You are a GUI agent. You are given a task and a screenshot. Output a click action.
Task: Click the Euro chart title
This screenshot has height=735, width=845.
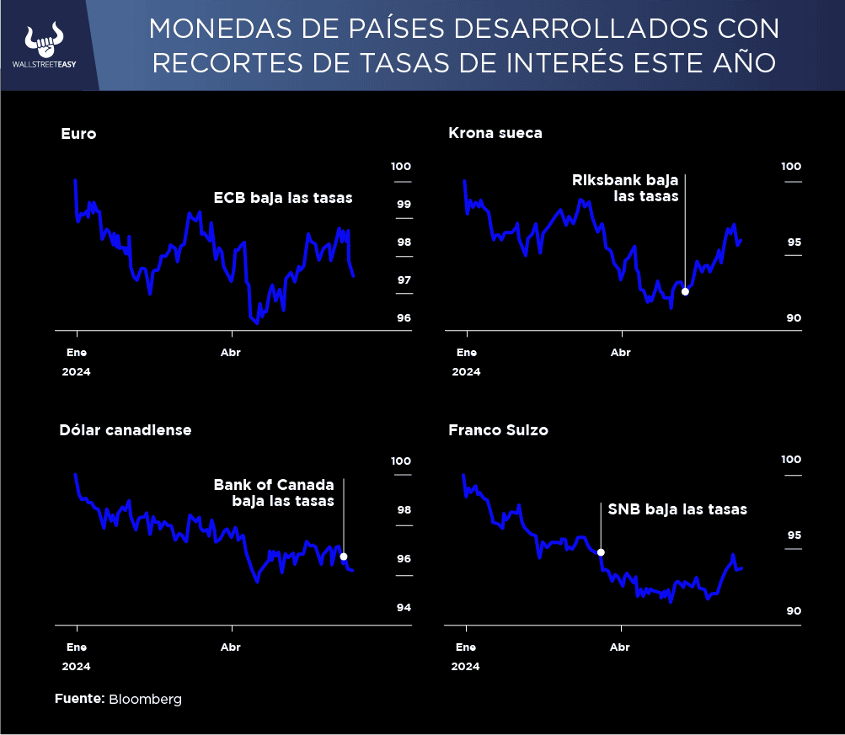78,133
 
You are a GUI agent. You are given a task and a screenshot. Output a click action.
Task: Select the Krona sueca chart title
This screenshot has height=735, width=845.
495,133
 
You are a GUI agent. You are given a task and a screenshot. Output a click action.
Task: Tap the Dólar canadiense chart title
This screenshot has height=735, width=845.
126,429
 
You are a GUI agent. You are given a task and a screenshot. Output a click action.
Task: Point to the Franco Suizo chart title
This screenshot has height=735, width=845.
498,429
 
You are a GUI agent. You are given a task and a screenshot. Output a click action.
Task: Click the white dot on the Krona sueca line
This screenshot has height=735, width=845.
685,291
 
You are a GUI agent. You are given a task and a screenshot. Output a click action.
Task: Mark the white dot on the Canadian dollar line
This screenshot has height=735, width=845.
343,557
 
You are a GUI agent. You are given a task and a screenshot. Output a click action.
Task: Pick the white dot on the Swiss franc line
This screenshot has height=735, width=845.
601,552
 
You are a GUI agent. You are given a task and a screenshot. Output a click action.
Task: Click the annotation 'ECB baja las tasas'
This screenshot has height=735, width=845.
282,198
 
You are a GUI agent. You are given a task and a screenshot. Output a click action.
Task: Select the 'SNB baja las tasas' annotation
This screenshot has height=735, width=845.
677,509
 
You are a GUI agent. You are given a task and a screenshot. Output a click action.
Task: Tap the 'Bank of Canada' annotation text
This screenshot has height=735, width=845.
274,485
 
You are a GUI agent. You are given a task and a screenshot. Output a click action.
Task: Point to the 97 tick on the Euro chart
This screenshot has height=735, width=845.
404,280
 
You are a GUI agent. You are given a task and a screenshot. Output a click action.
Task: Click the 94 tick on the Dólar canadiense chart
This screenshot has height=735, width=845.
404,608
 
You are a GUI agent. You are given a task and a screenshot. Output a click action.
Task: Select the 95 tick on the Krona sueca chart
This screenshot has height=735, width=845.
794,242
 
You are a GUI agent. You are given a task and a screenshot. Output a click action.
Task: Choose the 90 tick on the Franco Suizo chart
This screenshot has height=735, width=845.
794,611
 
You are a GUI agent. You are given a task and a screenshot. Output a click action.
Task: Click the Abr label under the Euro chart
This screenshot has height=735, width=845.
230,353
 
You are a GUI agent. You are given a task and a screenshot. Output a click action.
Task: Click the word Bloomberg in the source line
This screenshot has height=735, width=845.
145,699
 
